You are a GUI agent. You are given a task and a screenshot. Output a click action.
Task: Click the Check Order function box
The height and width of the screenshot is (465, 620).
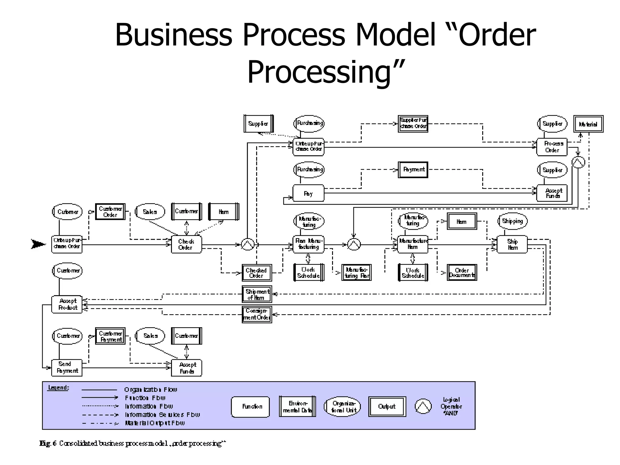tap(186, 244)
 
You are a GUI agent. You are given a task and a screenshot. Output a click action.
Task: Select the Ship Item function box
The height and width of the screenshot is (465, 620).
tap(512, 244)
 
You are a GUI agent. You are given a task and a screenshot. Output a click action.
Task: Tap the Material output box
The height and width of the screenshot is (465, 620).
tap(588, 124)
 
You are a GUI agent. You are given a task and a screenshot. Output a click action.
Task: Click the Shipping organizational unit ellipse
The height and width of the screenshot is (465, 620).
tap(512, 221)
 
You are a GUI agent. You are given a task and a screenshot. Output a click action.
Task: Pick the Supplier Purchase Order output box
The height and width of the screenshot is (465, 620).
tap(413, 124)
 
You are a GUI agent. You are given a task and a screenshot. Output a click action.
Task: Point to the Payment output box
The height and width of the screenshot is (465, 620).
tap(413, 170)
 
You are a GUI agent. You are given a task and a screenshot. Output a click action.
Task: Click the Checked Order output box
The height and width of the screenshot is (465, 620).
tap(257, 273)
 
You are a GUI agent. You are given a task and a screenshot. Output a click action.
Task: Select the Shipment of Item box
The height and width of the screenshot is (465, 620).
tap(257, 294)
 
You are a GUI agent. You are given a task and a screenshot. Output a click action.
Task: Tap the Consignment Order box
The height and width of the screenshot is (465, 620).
tap(257, 314)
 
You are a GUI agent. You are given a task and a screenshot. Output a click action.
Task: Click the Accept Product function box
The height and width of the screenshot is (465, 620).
tap(67, 304)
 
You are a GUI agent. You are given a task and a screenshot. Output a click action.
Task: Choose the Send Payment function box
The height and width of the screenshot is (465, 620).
tap(67, 368)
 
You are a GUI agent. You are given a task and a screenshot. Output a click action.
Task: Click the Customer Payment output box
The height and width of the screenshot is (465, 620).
tap(110, 336)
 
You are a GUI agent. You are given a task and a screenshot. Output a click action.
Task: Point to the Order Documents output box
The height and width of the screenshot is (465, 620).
tap(462, 272)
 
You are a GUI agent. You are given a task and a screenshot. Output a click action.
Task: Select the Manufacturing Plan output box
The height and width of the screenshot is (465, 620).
tap(356, 272)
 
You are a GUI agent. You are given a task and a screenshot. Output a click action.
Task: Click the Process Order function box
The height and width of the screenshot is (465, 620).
tap(552, 147)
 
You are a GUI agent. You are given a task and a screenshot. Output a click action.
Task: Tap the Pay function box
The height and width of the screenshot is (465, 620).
tap(308, 193)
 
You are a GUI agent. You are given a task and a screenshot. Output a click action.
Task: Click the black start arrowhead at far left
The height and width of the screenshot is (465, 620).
tap(38, 244)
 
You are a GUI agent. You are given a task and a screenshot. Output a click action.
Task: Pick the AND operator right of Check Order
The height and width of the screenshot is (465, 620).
tap(248, 244)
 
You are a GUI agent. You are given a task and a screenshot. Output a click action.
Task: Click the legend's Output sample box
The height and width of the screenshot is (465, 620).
tap(387, 407)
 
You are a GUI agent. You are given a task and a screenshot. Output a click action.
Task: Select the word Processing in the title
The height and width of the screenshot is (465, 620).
tap(325, 72)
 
